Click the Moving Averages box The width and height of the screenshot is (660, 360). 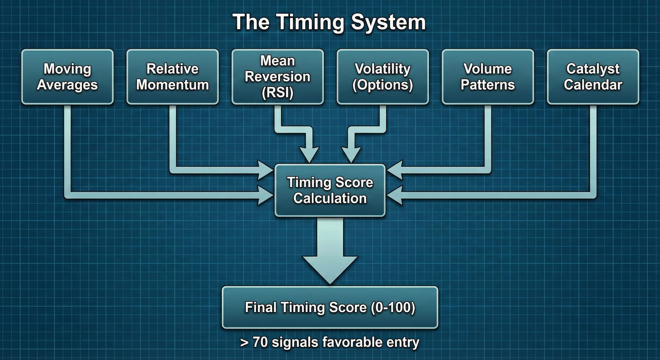click(67, 77)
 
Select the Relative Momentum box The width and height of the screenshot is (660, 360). click(173, 77)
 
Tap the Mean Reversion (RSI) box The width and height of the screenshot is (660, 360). click(278, 77)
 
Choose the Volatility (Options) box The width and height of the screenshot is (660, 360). click(383, 77)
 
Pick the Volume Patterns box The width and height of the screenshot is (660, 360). click(488, 77)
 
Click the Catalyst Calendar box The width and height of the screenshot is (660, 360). click(593, 77)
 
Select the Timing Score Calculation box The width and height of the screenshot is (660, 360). click(330, 190)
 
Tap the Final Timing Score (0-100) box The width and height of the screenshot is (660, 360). click(330, 307)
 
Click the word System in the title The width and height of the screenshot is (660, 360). click(388, 22)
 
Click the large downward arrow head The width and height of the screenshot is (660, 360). click(330, 269)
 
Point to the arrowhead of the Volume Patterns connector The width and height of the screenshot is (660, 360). click(395, 170)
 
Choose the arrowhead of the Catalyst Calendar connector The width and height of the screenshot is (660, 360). click(395, 195)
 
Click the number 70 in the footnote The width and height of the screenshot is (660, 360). click(260, 342)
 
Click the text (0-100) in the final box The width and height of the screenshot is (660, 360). click(393, 307)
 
